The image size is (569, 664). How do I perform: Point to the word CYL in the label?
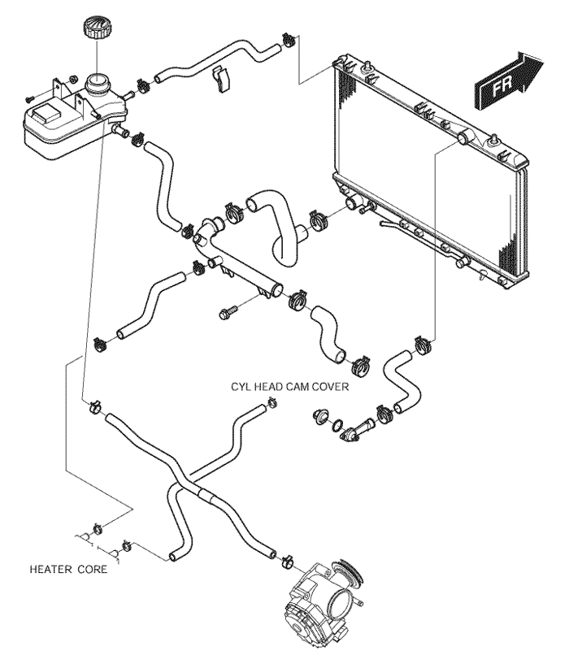point(243,388)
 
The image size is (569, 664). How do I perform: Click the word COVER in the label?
point(330,388)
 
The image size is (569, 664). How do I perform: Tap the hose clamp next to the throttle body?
point(287,562)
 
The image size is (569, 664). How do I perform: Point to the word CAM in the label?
point(301,388)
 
